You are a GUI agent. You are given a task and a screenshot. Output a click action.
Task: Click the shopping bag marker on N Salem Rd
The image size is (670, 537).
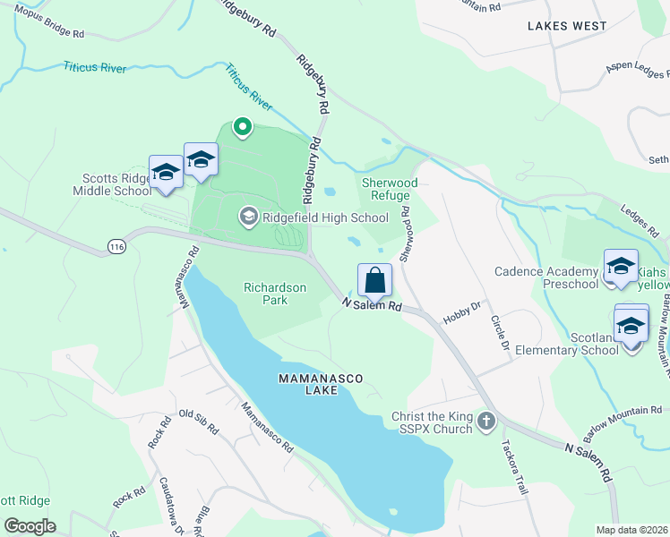click(375, 280)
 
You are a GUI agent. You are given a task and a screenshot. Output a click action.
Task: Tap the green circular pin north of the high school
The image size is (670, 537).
click(241, 127)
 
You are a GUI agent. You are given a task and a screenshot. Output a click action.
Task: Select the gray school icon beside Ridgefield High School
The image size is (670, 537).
click(248, 217)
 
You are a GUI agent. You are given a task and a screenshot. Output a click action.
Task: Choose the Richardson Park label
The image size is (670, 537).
click(275, 294)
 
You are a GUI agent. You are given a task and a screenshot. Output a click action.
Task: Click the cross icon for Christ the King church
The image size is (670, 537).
click(485, 421)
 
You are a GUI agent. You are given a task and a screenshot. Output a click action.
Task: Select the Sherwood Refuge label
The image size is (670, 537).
click(385, 189)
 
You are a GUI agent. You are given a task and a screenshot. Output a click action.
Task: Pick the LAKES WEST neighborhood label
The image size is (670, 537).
click(567, 26)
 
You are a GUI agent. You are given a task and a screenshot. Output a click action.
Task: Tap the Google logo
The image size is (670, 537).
click(30, 526)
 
